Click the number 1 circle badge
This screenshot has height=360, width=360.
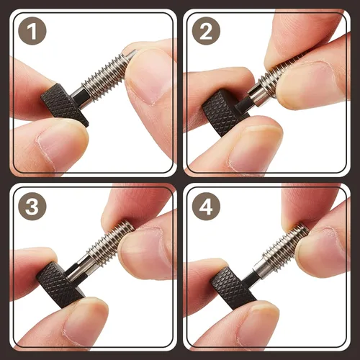pos(32,31)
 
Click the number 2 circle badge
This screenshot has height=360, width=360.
pos(206,31)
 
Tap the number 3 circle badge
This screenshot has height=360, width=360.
pos(32,206)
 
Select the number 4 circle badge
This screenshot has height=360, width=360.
pos(206,206)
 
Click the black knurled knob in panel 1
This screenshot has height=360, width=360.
pos(64,104)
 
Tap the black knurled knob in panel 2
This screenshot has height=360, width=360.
pos(222,113)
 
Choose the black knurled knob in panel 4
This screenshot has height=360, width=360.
pos(233,288)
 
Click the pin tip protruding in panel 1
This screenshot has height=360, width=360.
pos(132,54)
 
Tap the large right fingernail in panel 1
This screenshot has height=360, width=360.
pos(150,77)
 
